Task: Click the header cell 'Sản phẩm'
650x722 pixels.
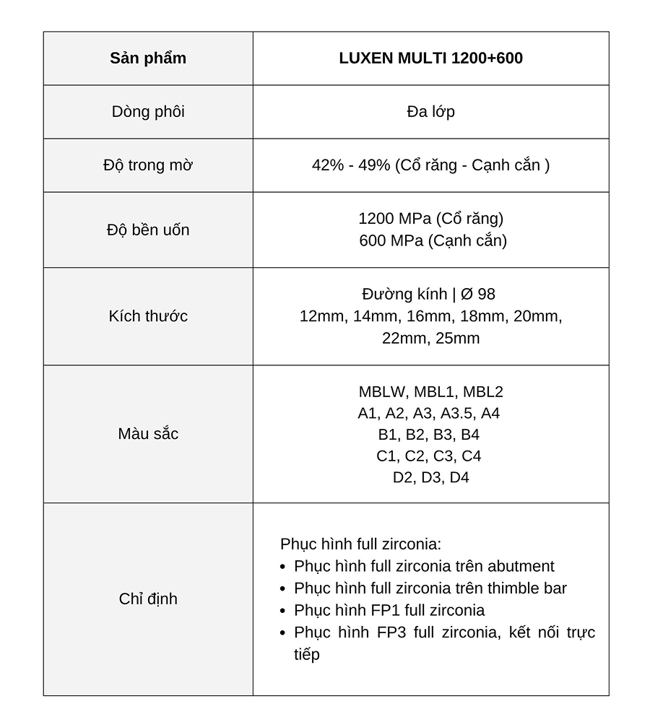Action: tap(148, 58)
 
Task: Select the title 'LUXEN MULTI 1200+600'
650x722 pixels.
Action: tap(430, 58)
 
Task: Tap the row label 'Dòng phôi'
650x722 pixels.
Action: tap(148, 112)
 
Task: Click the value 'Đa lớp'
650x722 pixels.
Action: tap(430, 112)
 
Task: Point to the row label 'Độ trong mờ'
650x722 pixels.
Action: tap(148, 165)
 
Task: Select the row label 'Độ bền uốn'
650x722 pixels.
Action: tap(148, 230)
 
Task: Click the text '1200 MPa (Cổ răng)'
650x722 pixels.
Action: tap(430, 219)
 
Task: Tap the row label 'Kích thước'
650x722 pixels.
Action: tap(148, 316)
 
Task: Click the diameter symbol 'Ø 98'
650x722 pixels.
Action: tap(477, 295)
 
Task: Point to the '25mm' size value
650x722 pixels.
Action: tap(457, 339)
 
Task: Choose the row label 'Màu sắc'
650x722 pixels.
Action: tap(148, 434)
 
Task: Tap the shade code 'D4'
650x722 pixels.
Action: tap(459, 478)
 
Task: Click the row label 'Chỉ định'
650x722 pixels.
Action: tap(148, 599)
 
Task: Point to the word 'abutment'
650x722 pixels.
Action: tap(521, 567)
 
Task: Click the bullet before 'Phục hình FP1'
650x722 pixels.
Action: tap(284, 611)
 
